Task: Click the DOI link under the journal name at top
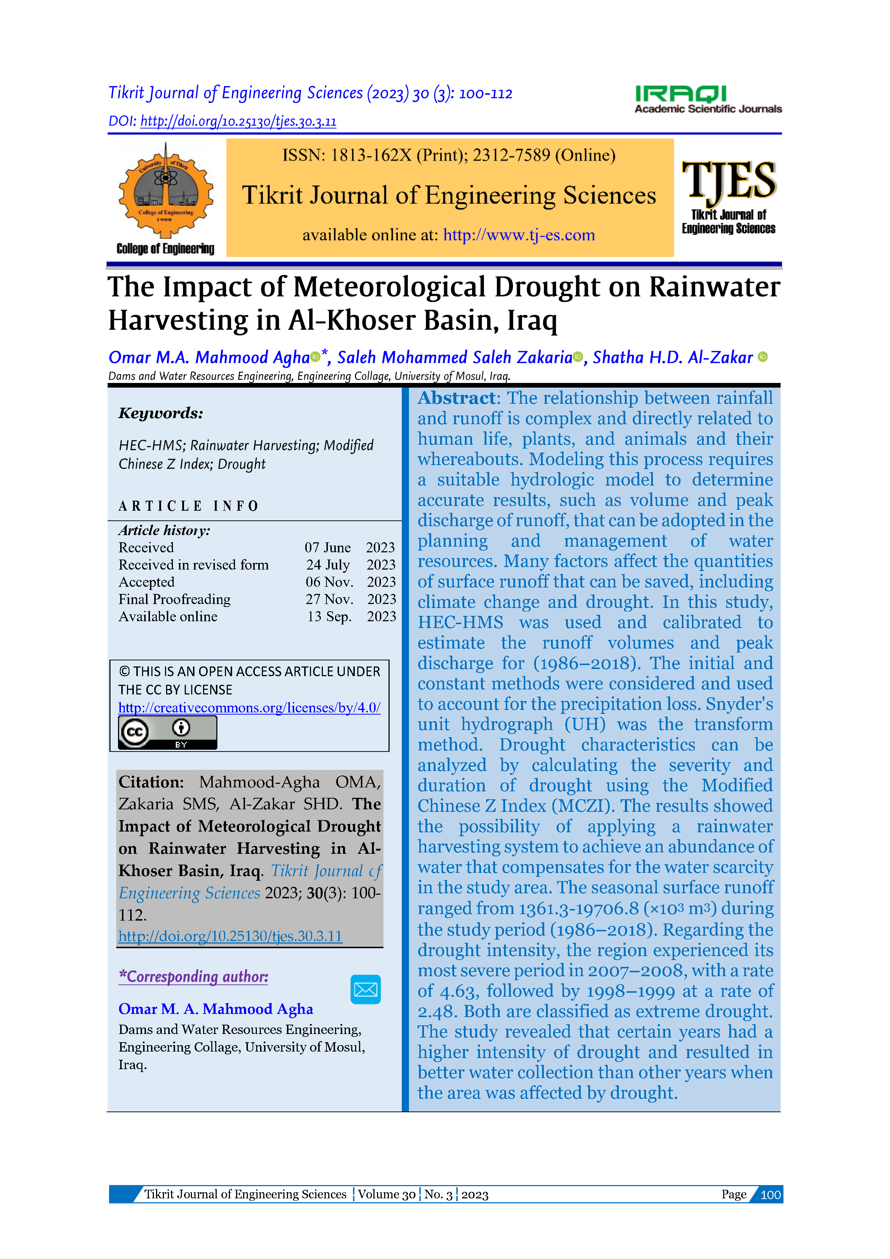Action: pyautogui.click(x=239, y=121)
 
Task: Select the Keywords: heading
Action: pyautogui.click(x=161, y=413)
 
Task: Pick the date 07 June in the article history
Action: pyautogui.click(x=328, y=547)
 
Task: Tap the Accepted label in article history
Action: pyautogui.click(x=146, y=582)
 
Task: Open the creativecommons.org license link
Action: pyautogui.click(x=249, y=708)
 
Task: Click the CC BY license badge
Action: pyautogui.click(x=168, y=733)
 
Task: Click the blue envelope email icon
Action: pyautogui.click(x=366, y=989)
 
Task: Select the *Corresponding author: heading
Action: pyautogui.click(x=193, y=977)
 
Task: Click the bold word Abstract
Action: pyautogui.click(x=457, y=398)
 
